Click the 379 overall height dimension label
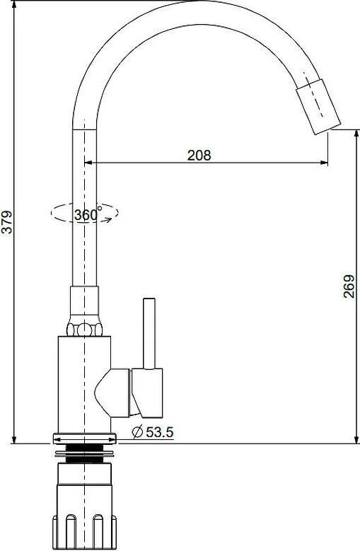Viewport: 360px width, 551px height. (x=7, y=221)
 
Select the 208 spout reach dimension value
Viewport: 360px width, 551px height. (x=199, y=155)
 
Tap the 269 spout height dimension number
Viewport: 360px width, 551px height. (x=349, y=286)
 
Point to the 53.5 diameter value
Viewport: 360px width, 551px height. (x=159, y=432)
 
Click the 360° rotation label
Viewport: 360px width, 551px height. (x=88, y=214)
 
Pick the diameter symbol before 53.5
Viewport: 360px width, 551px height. (x=137, y=432)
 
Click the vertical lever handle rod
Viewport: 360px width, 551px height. (x=149, y=334)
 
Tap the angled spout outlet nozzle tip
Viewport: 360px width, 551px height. (x=318, y=107)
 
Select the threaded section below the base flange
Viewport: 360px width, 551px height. (x=84, y=453)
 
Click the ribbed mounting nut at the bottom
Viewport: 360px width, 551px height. (x=84, y=532)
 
